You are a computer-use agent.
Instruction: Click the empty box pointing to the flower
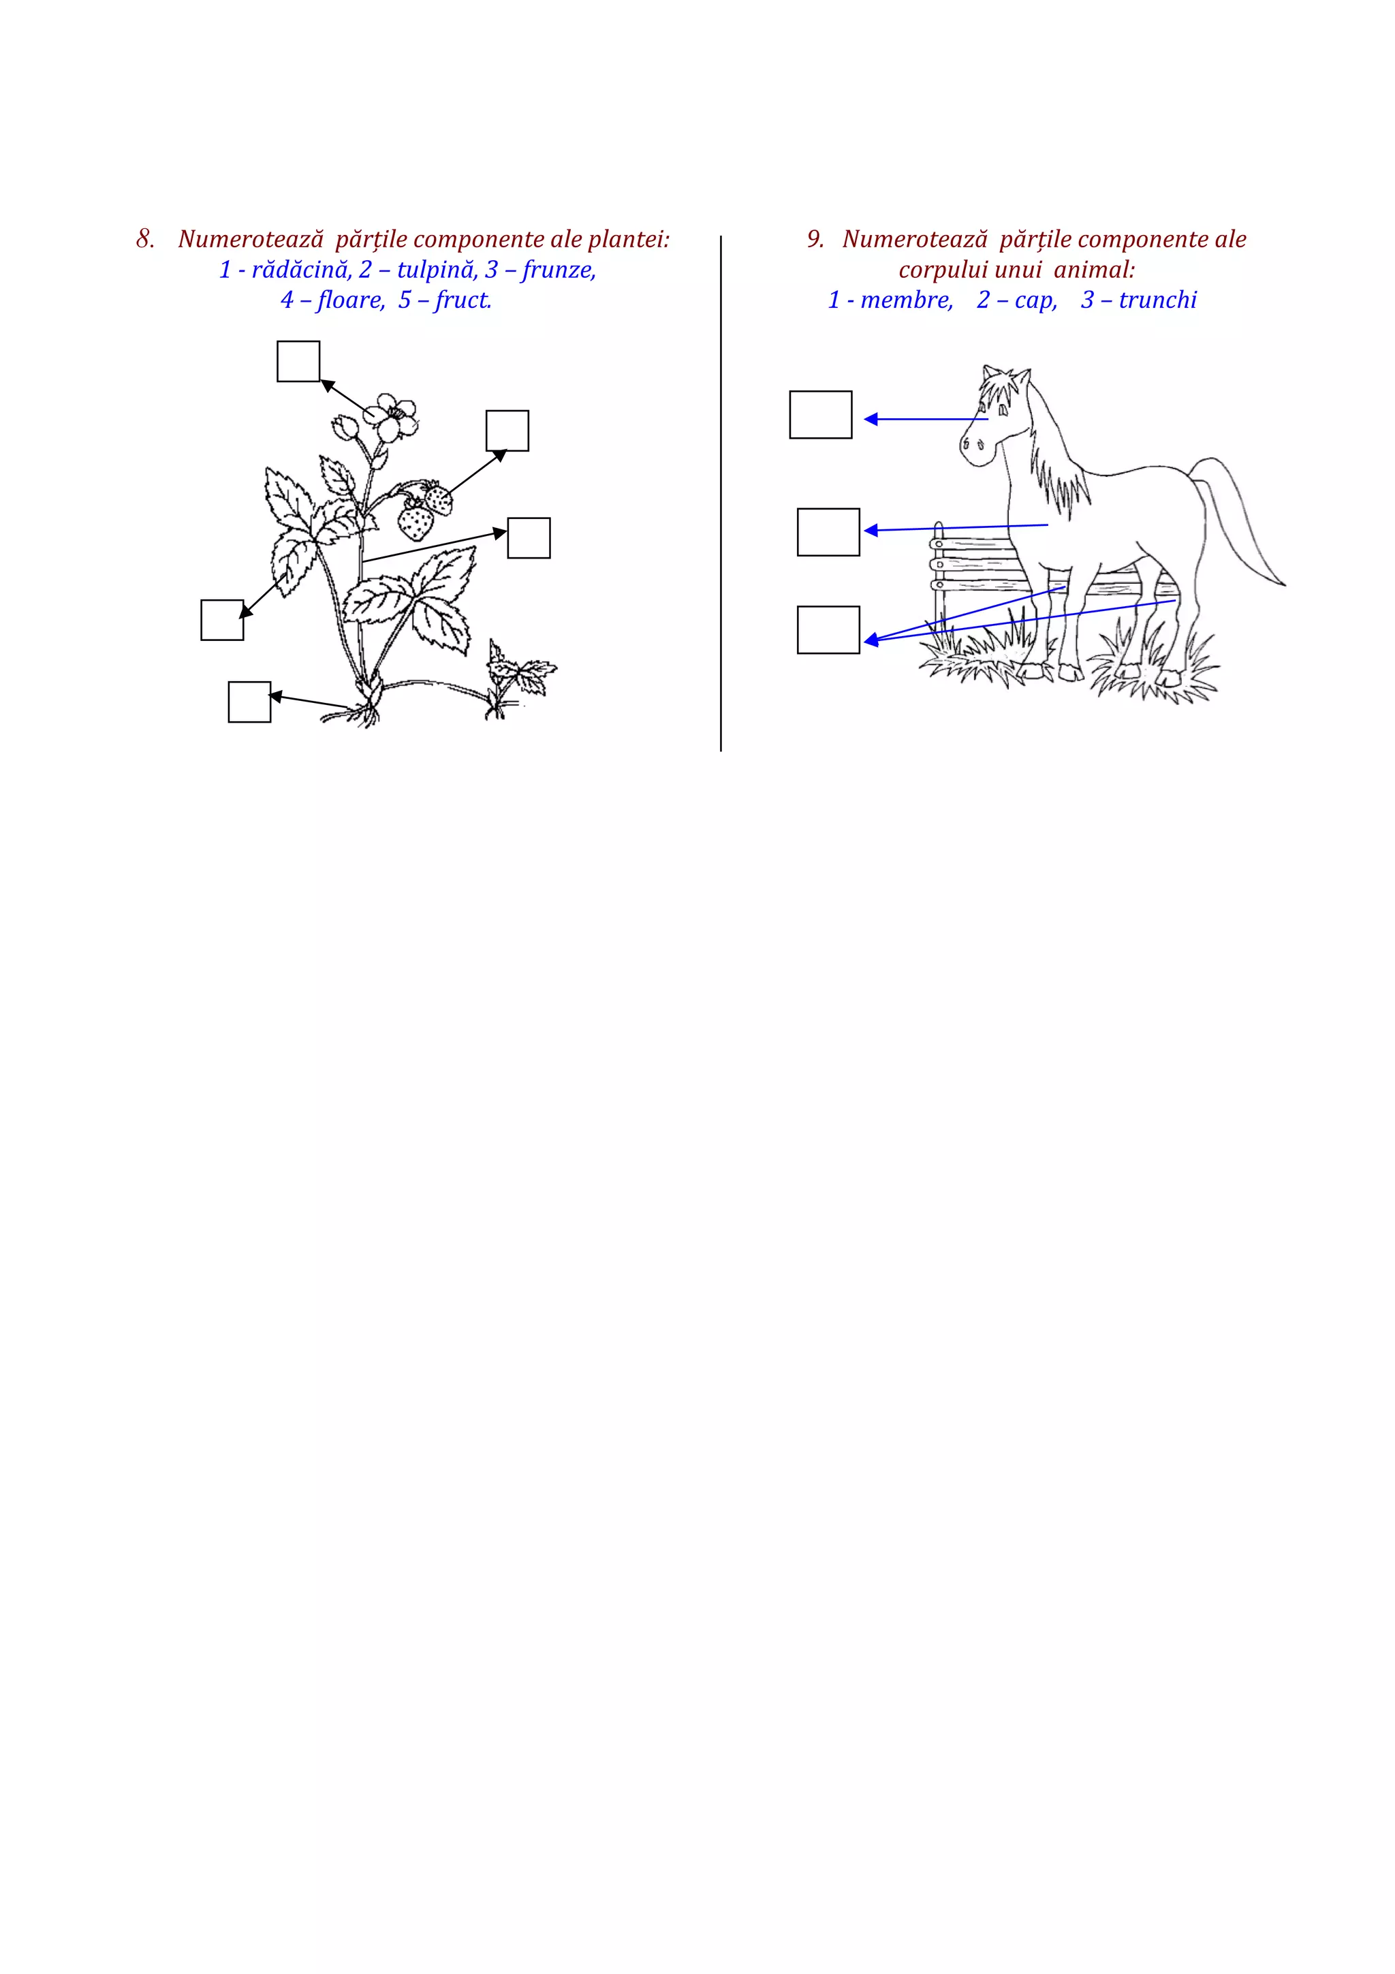click(298, 361)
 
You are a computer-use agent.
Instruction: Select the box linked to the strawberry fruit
click(507, 430)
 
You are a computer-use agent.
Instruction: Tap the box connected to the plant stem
click(529, 538)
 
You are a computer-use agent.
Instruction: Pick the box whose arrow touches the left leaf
click(222, 620)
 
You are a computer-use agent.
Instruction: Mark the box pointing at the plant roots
click(249, 702)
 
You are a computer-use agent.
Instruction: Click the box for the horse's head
click(820, 414)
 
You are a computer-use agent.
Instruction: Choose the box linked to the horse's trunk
click(828, 532)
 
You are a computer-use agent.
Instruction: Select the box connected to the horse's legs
click(828, 629)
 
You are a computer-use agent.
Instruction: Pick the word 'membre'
click(906, 300)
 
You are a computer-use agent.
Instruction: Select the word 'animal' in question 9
click(1093, 270)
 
